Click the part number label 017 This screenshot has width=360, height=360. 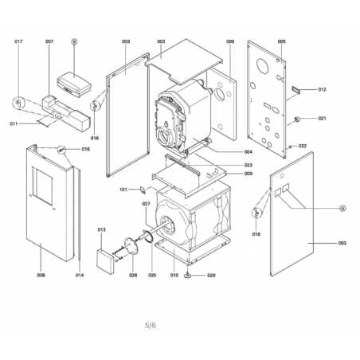(x=18, y=41)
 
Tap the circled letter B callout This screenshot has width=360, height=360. (x=74, y=41)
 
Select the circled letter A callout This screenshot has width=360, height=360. (x=342, y=208)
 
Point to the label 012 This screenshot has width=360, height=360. (x=322, y=89)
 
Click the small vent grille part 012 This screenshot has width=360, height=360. (x=296, y=90)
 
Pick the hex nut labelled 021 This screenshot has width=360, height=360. (x=298, y=119)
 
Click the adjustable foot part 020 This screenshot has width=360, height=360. (x=188, y=276)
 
